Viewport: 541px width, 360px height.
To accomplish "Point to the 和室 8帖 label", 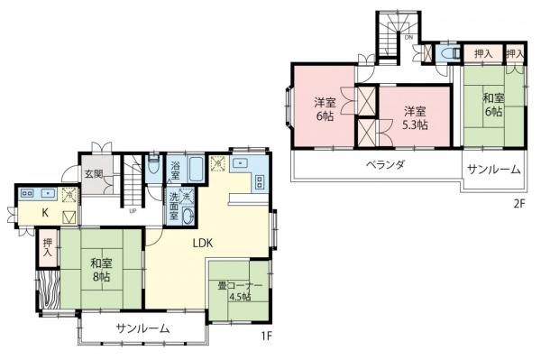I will [102, 271].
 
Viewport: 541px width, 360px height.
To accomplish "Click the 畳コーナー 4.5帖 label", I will [240, 292].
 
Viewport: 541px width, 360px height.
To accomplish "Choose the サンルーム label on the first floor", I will [142, 328].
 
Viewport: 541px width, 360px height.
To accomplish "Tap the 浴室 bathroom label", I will [176, 169].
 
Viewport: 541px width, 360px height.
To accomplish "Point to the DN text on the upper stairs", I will [408, 38].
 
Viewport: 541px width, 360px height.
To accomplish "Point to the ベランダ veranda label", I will [385, 165].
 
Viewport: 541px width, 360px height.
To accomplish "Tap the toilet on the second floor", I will [448, 54].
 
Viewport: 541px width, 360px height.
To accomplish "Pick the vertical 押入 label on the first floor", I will [47, 248].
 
